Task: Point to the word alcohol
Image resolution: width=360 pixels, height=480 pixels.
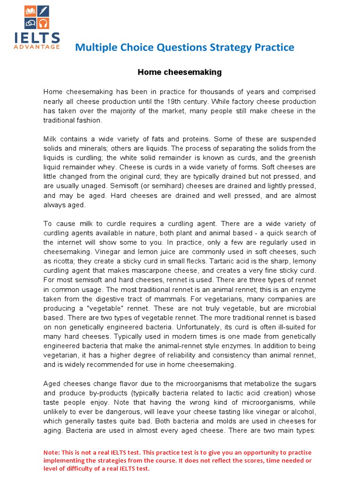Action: (300, 412)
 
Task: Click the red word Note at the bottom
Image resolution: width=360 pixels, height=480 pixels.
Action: (52, 453)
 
